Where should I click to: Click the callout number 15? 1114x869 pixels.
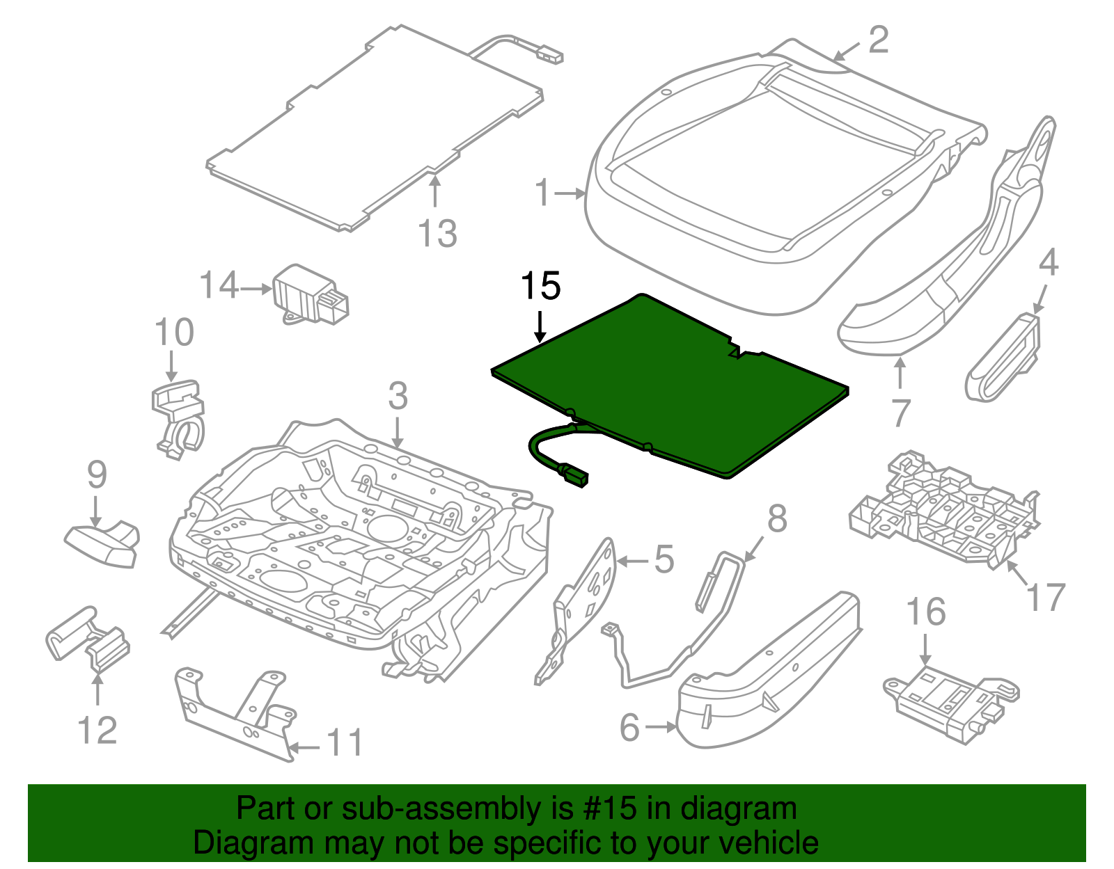(540, 287)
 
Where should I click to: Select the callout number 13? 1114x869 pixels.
(438, 234)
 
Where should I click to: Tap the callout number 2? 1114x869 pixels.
(879, 40)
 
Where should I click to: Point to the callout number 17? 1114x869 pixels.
(1046, 597)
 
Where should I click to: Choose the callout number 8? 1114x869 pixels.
(777, 519)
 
